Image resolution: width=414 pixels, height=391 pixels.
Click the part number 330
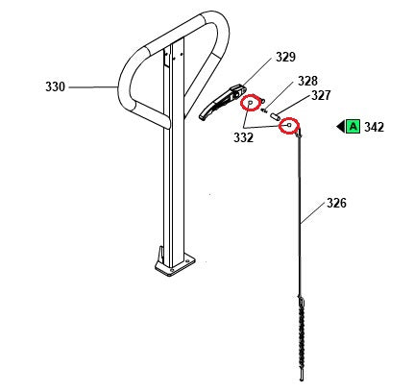[x=55, y=87]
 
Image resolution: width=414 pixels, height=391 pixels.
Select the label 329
[x=285, y=58]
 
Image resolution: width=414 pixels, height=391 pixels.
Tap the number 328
[x=307, y=81]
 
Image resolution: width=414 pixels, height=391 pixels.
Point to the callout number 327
[x=320, y=95]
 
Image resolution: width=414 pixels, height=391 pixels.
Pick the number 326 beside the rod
[x=336, y=203]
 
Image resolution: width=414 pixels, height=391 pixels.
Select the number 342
[x=375, y=126]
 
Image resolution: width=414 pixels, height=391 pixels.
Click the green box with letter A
[x=353, y=126]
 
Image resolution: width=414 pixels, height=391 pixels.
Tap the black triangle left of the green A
[x=340, y=126]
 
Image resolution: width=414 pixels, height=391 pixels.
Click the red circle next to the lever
[x=249, y=100]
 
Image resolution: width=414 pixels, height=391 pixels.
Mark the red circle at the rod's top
[x=290, y=125]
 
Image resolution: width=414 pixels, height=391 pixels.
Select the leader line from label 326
[x=314, y=214]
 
